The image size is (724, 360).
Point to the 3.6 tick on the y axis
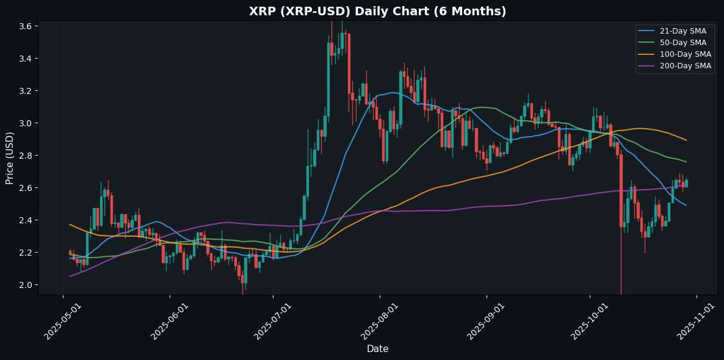coord(26,26)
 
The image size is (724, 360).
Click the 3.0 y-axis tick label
coord(26,123)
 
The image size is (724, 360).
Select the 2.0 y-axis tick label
coord(26,285)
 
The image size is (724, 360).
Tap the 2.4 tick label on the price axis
coord(26,220)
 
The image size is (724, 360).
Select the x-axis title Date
coord(377,349)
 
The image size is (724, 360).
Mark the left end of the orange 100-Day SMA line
coord(70,225)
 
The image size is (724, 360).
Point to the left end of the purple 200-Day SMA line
coord(70,276)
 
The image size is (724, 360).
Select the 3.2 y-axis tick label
coord(26,91)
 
